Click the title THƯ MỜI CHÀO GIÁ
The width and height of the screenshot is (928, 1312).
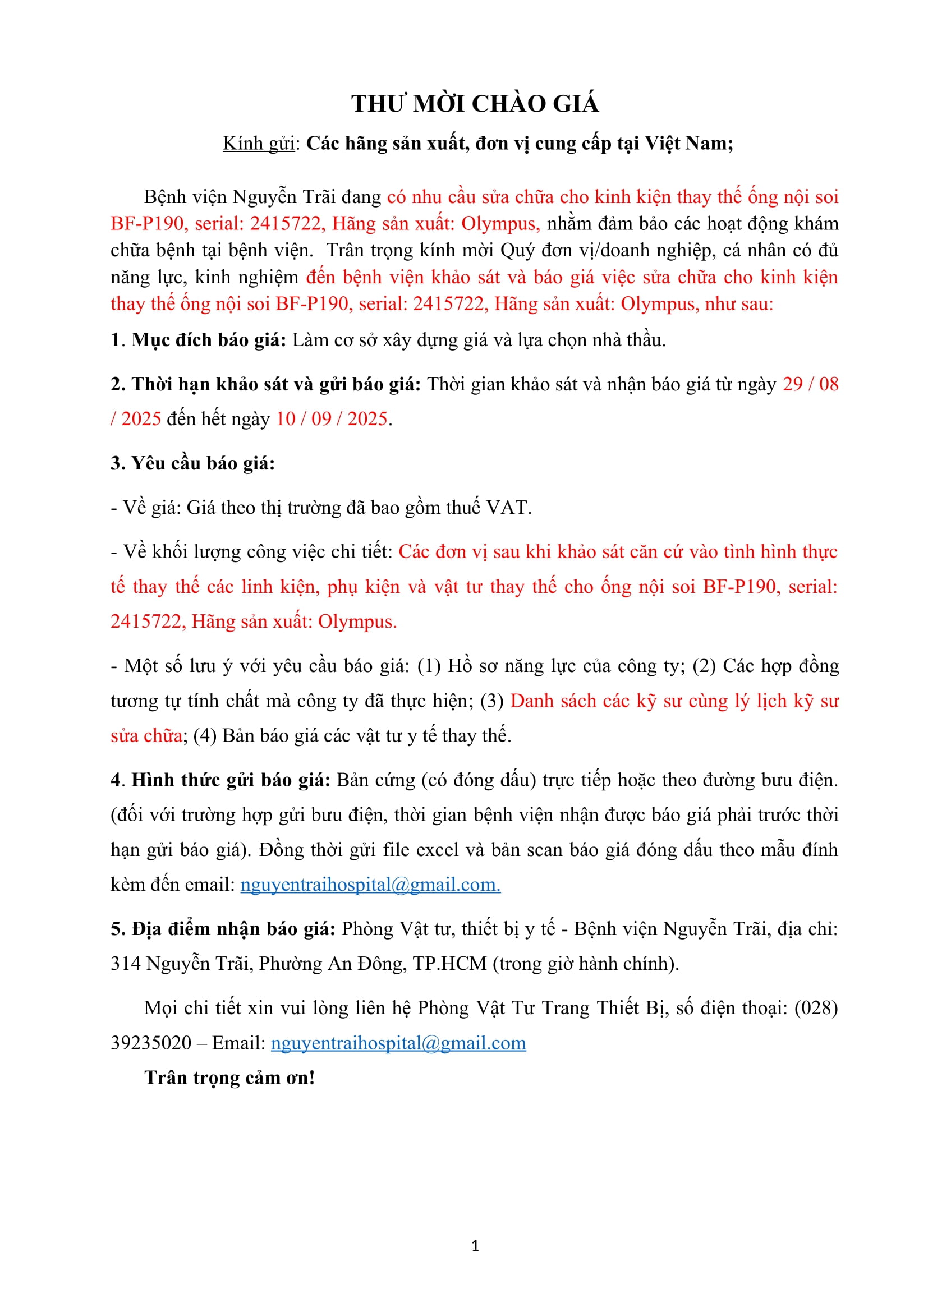(475, 104)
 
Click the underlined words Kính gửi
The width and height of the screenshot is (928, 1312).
(258, 144)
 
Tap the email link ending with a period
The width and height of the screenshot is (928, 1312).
(370, 885)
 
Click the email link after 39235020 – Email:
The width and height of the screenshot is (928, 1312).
(398, 1043)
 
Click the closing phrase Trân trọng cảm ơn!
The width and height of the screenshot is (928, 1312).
(229, 1078)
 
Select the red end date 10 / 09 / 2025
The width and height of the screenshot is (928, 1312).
(332, 419)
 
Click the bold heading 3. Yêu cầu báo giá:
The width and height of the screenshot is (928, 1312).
(192, 463)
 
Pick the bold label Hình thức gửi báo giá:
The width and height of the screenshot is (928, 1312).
(231, 780)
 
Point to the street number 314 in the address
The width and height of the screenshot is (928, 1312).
(125, 964)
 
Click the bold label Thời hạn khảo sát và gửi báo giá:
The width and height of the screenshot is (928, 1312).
(277, 384)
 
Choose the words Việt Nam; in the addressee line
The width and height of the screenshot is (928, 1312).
(689, 144)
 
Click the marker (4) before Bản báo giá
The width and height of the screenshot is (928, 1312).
(205, 735)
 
